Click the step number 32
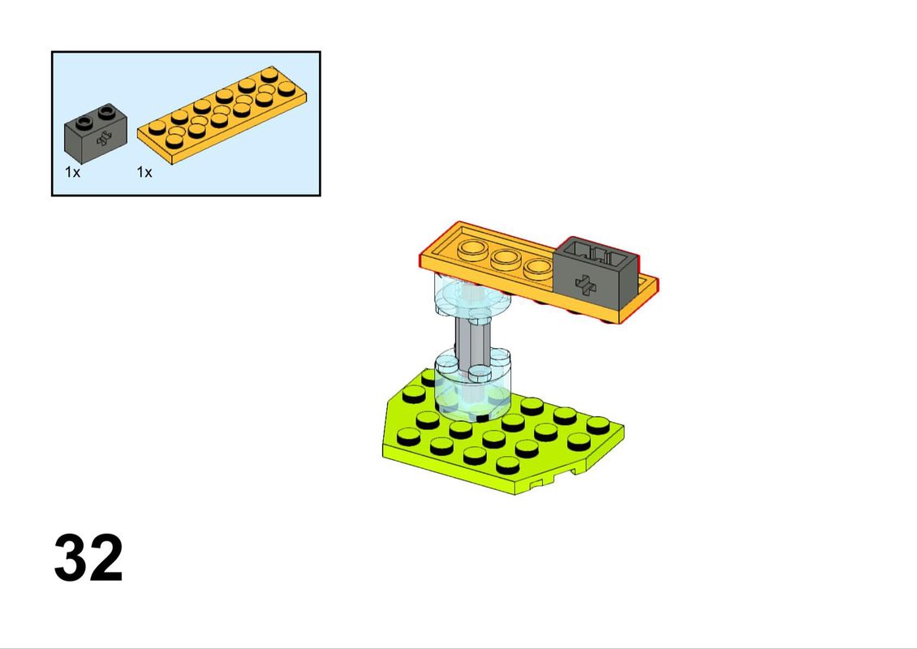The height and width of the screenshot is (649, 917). tap(88, 557)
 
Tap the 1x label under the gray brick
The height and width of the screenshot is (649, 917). tap(72, 172)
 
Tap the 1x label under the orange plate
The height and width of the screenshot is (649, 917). tap(144, 172)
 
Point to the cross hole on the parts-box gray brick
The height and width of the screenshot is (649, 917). tap(105, 139)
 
